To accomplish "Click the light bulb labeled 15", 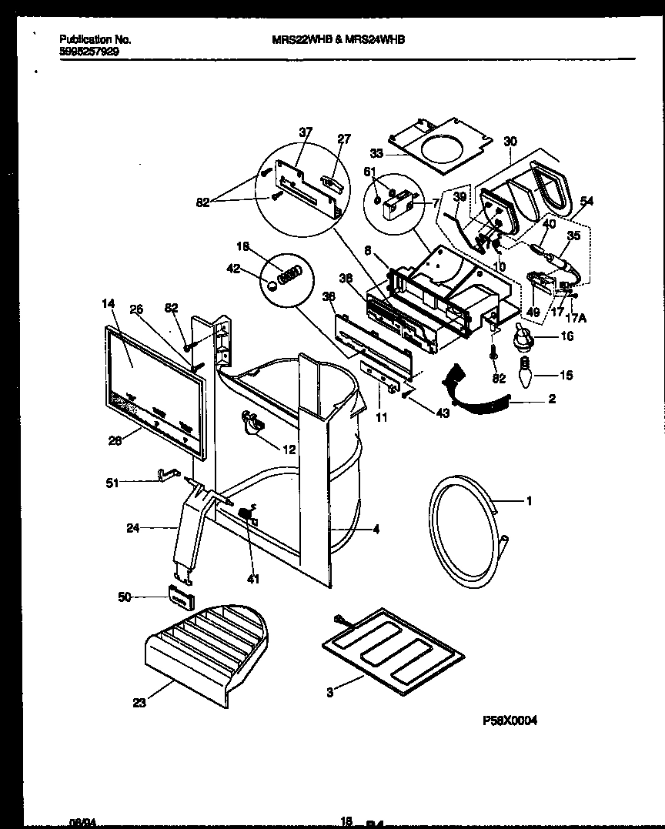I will (523, 376).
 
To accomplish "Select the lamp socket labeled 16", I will (523, 336).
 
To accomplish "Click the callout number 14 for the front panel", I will (109, 304).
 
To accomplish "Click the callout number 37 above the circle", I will (306, 132).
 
